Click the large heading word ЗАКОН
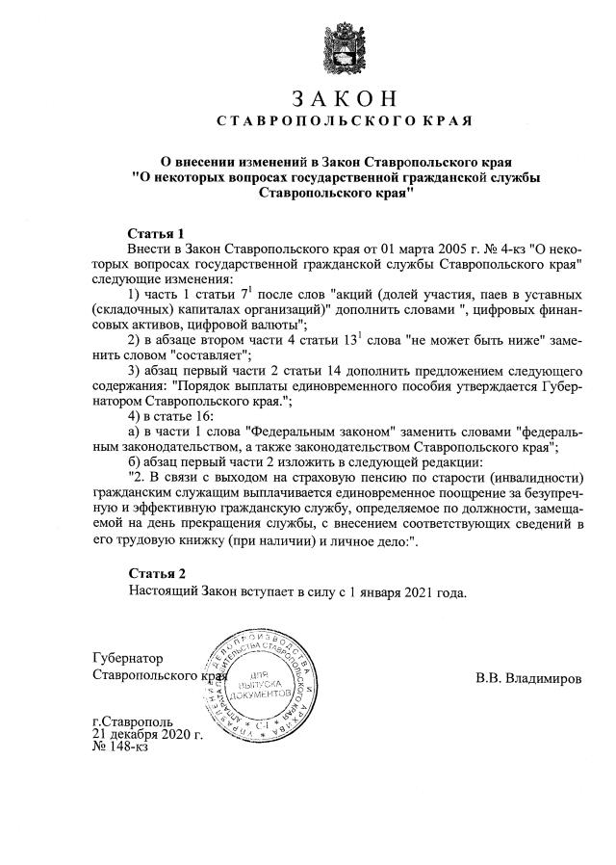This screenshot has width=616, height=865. (343, 100)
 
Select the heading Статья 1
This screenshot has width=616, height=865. (156, 234)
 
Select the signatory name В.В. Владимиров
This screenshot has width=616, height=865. (528, 678)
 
